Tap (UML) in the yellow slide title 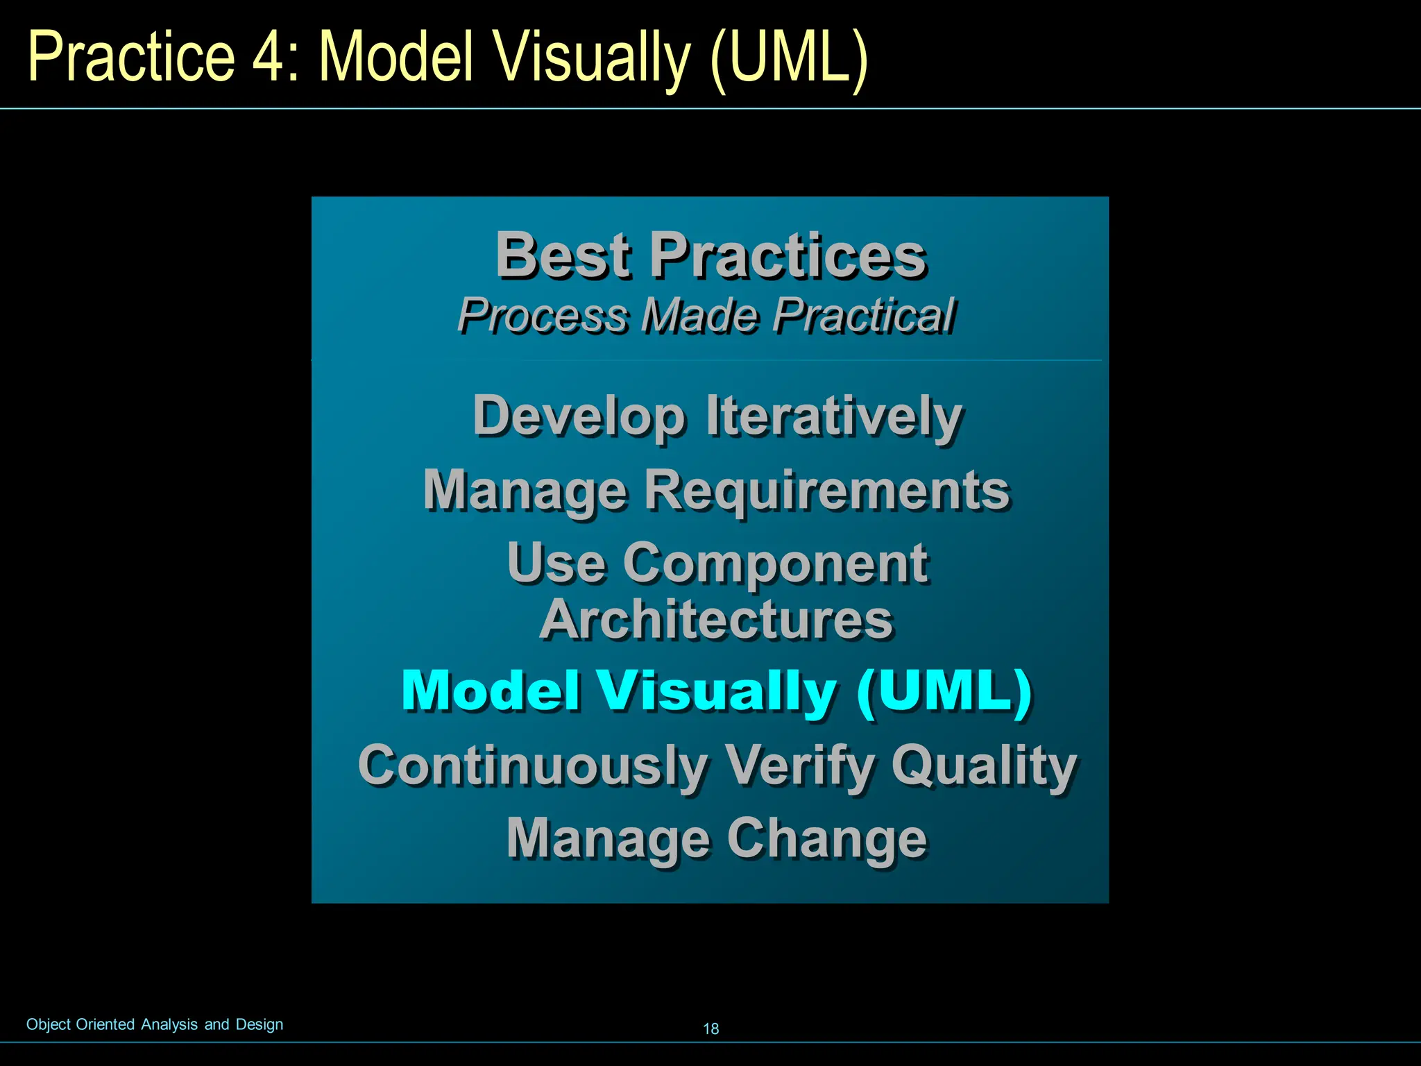(789, 59)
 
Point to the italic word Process (542, 316)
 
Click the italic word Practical (865, 316)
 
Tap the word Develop (579, 417)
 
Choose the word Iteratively (834, 417)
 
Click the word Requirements (827, 491)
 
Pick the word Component (775, 563)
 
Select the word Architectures (716, 620)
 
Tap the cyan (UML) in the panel (944, 691)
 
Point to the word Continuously (533, 765)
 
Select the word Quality (984, 765)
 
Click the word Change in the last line (826, 839)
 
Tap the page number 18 (711, 1029)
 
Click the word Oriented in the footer (105, 1024)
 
